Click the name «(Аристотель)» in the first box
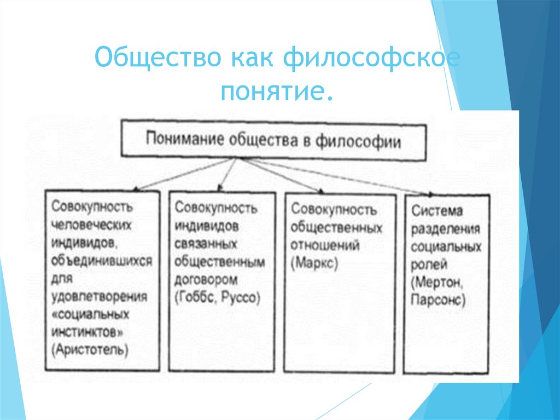[x=91, y=349]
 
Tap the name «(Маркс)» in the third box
[x=314, y=262]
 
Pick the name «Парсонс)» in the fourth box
[x=440, y=300]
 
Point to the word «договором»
[x=206, y=280]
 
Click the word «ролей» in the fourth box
[x=430, y=264]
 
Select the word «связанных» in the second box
[x=206, y=243]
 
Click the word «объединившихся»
[x=102, y=261]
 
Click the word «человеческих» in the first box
[x=92, y=226]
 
